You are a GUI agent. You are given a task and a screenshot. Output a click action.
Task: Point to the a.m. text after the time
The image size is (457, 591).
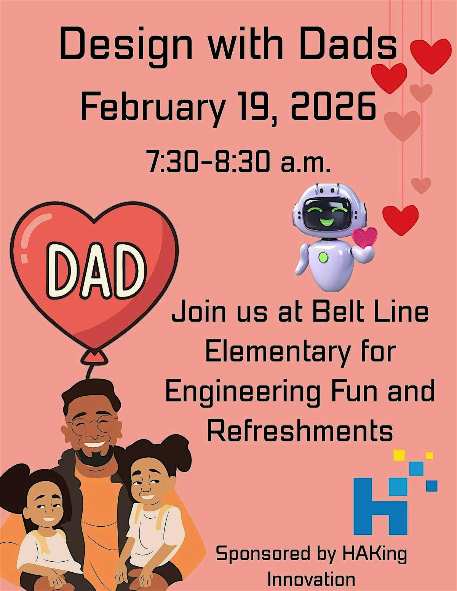coord(305,164)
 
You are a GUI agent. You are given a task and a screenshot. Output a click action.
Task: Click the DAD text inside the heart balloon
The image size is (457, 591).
coord(96,271)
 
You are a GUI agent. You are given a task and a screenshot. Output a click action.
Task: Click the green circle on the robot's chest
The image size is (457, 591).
coord(323,257)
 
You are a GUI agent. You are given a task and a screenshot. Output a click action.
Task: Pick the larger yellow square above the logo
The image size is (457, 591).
coord(399,455)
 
